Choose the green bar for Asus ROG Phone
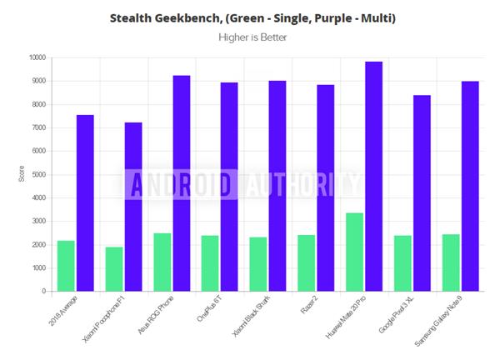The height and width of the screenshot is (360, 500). point(162,262)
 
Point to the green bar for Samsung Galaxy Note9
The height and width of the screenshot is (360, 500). point(451,262)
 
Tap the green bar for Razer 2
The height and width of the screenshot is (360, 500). point(307,263)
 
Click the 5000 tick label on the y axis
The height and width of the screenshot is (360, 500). point(37,175)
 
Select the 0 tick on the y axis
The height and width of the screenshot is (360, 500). point(42,292)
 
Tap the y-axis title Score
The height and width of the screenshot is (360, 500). point(22,173)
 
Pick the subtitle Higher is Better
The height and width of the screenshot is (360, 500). point(252,37)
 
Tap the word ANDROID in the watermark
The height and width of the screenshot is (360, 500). point(179,184)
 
